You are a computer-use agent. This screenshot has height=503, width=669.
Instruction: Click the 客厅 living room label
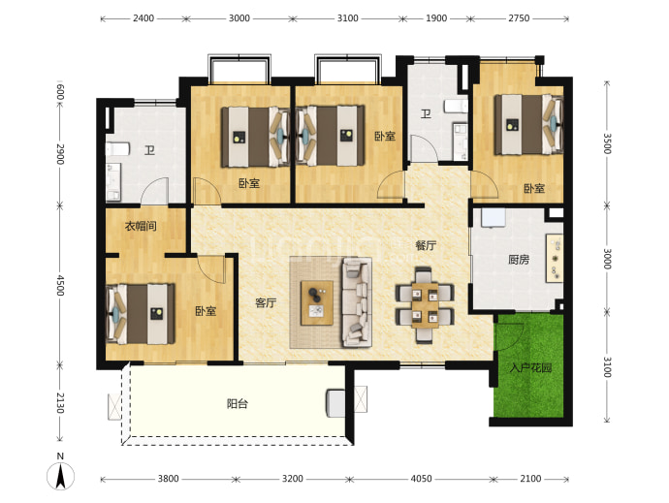266,303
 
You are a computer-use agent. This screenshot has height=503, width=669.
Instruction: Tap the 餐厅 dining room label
426,245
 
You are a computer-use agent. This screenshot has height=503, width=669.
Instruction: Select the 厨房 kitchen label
519,260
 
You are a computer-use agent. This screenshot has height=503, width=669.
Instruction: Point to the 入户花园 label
530,367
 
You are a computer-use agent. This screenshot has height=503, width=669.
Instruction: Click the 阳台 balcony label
238,403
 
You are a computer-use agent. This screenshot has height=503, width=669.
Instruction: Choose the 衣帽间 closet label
141,226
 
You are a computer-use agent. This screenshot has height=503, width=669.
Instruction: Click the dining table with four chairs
425,305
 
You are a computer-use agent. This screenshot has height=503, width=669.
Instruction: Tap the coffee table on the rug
317,303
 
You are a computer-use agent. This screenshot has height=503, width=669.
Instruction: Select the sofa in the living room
355,302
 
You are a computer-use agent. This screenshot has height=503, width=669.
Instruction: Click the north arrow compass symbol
60,475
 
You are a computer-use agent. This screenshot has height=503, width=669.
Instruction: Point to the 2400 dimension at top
143,18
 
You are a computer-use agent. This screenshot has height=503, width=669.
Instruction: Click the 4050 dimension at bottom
421,479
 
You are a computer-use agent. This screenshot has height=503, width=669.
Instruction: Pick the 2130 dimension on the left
60,403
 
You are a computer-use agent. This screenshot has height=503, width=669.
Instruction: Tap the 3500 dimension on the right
607,143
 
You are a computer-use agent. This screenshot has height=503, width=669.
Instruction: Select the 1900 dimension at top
436,18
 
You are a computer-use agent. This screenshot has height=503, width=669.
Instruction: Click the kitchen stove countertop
555,258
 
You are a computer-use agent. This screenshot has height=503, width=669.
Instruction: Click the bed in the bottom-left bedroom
141,314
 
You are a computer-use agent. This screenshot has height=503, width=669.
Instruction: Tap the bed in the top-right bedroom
528,124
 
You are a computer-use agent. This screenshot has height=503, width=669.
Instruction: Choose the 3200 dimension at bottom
293,479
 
